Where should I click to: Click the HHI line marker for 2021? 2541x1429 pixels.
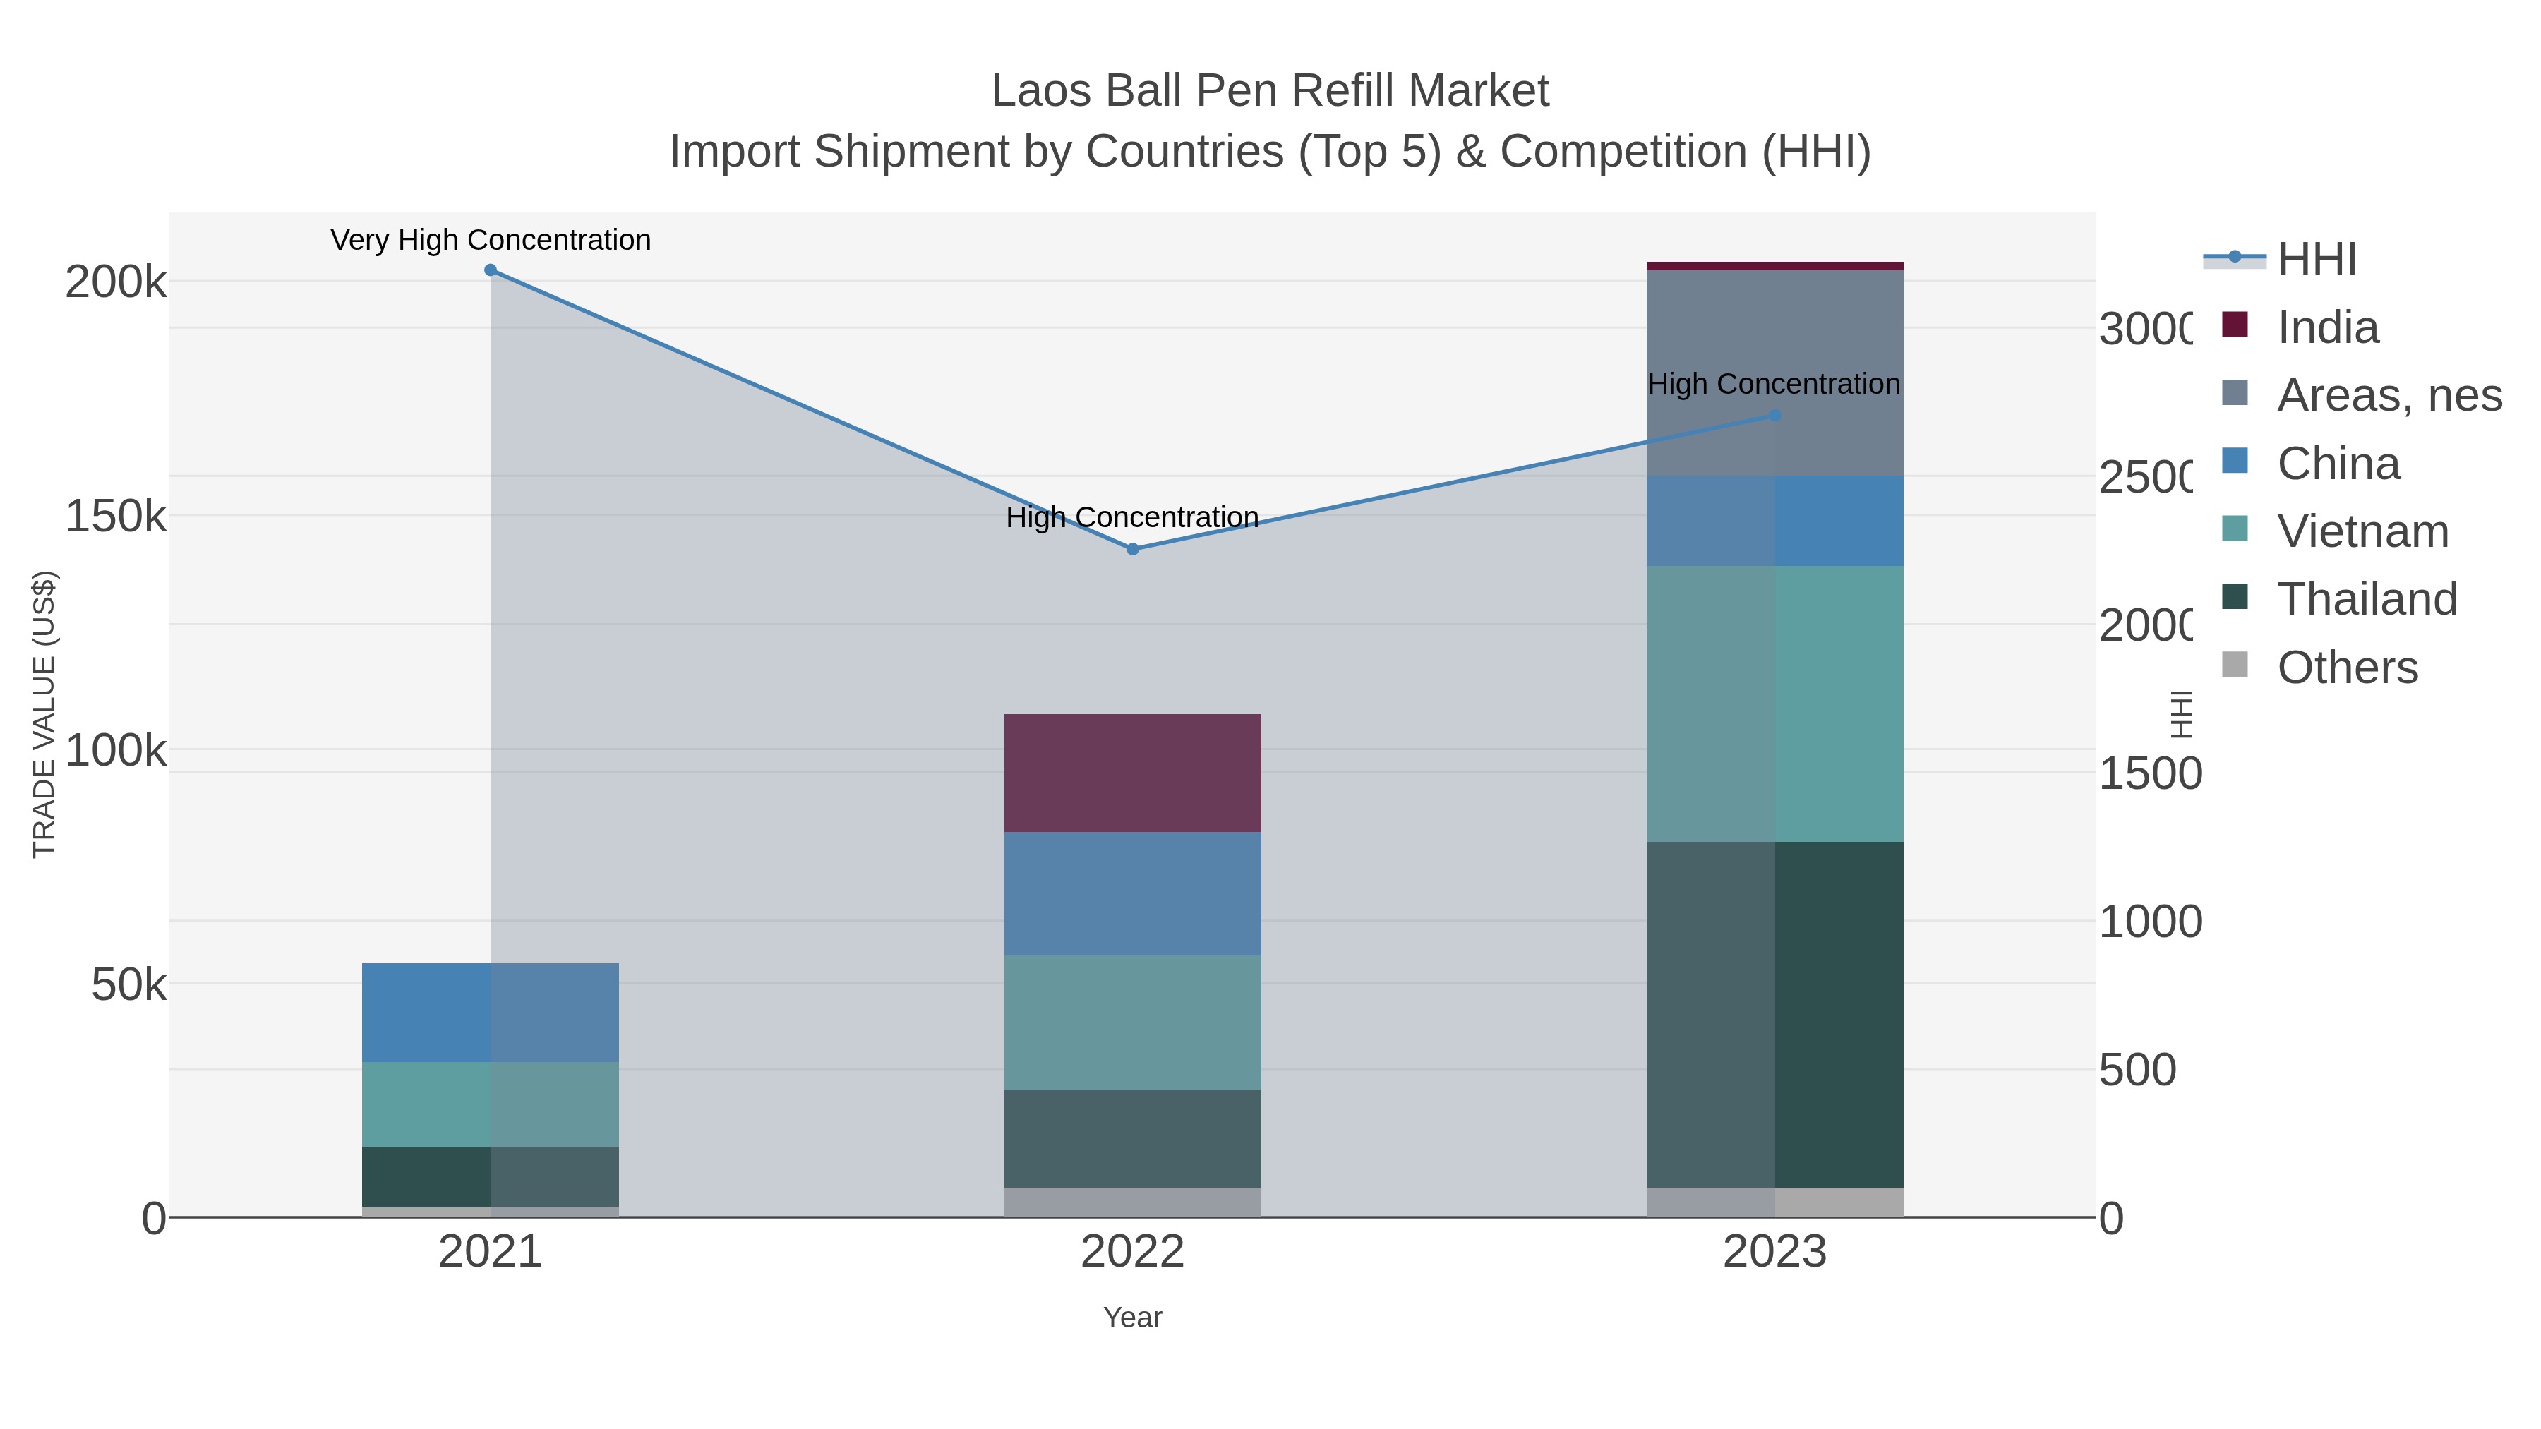pos(491,270)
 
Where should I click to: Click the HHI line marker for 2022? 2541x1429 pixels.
pos(1132,549)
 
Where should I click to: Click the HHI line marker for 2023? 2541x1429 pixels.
pos(1774,416)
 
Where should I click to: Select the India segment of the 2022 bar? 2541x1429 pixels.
pos(1132,773)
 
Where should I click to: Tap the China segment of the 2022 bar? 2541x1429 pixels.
pos(1132,893)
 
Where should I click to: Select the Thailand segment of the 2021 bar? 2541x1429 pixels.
pos(491,1176)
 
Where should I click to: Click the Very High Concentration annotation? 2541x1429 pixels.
pos(491,241)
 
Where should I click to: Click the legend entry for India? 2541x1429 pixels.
pos(2327,327)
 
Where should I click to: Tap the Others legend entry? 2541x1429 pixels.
pos(2347,668)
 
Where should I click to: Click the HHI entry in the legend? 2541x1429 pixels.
pos(2315,260)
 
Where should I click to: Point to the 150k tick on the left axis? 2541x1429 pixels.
pos(116,516)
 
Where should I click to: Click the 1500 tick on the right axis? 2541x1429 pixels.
pos(2149,774)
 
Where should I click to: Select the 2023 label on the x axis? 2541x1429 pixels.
pos(1774,1253)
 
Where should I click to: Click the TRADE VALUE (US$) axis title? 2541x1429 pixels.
pos(44,714)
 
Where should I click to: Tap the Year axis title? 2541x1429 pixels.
pos(1132,1318)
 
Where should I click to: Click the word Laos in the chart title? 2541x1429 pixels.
pos(1040,92)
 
